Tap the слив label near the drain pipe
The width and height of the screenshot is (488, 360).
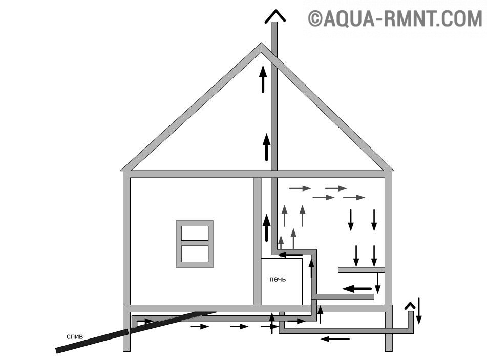coord(75,336)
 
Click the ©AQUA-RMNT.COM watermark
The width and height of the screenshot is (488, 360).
coord(395,19)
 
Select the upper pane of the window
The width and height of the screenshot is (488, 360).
coord(195,233)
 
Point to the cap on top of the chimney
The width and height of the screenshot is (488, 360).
coord(274,16)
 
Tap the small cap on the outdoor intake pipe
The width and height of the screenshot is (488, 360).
coord(410,306)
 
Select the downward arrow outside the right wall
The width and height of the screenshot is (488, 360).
coord(418,310)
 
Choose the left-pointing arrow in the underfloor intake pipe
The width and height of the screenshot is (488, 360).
coord(335,338)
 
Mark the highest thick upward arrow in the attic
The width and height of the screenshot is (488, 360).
coord(263,78)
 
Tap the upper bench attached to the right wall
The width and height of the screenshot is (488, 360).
coord(361,269)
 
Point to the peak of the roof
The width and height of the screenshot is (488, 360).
coord(260,47)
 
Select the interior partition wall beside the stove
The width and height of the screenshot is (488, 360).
coord(258,241)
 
